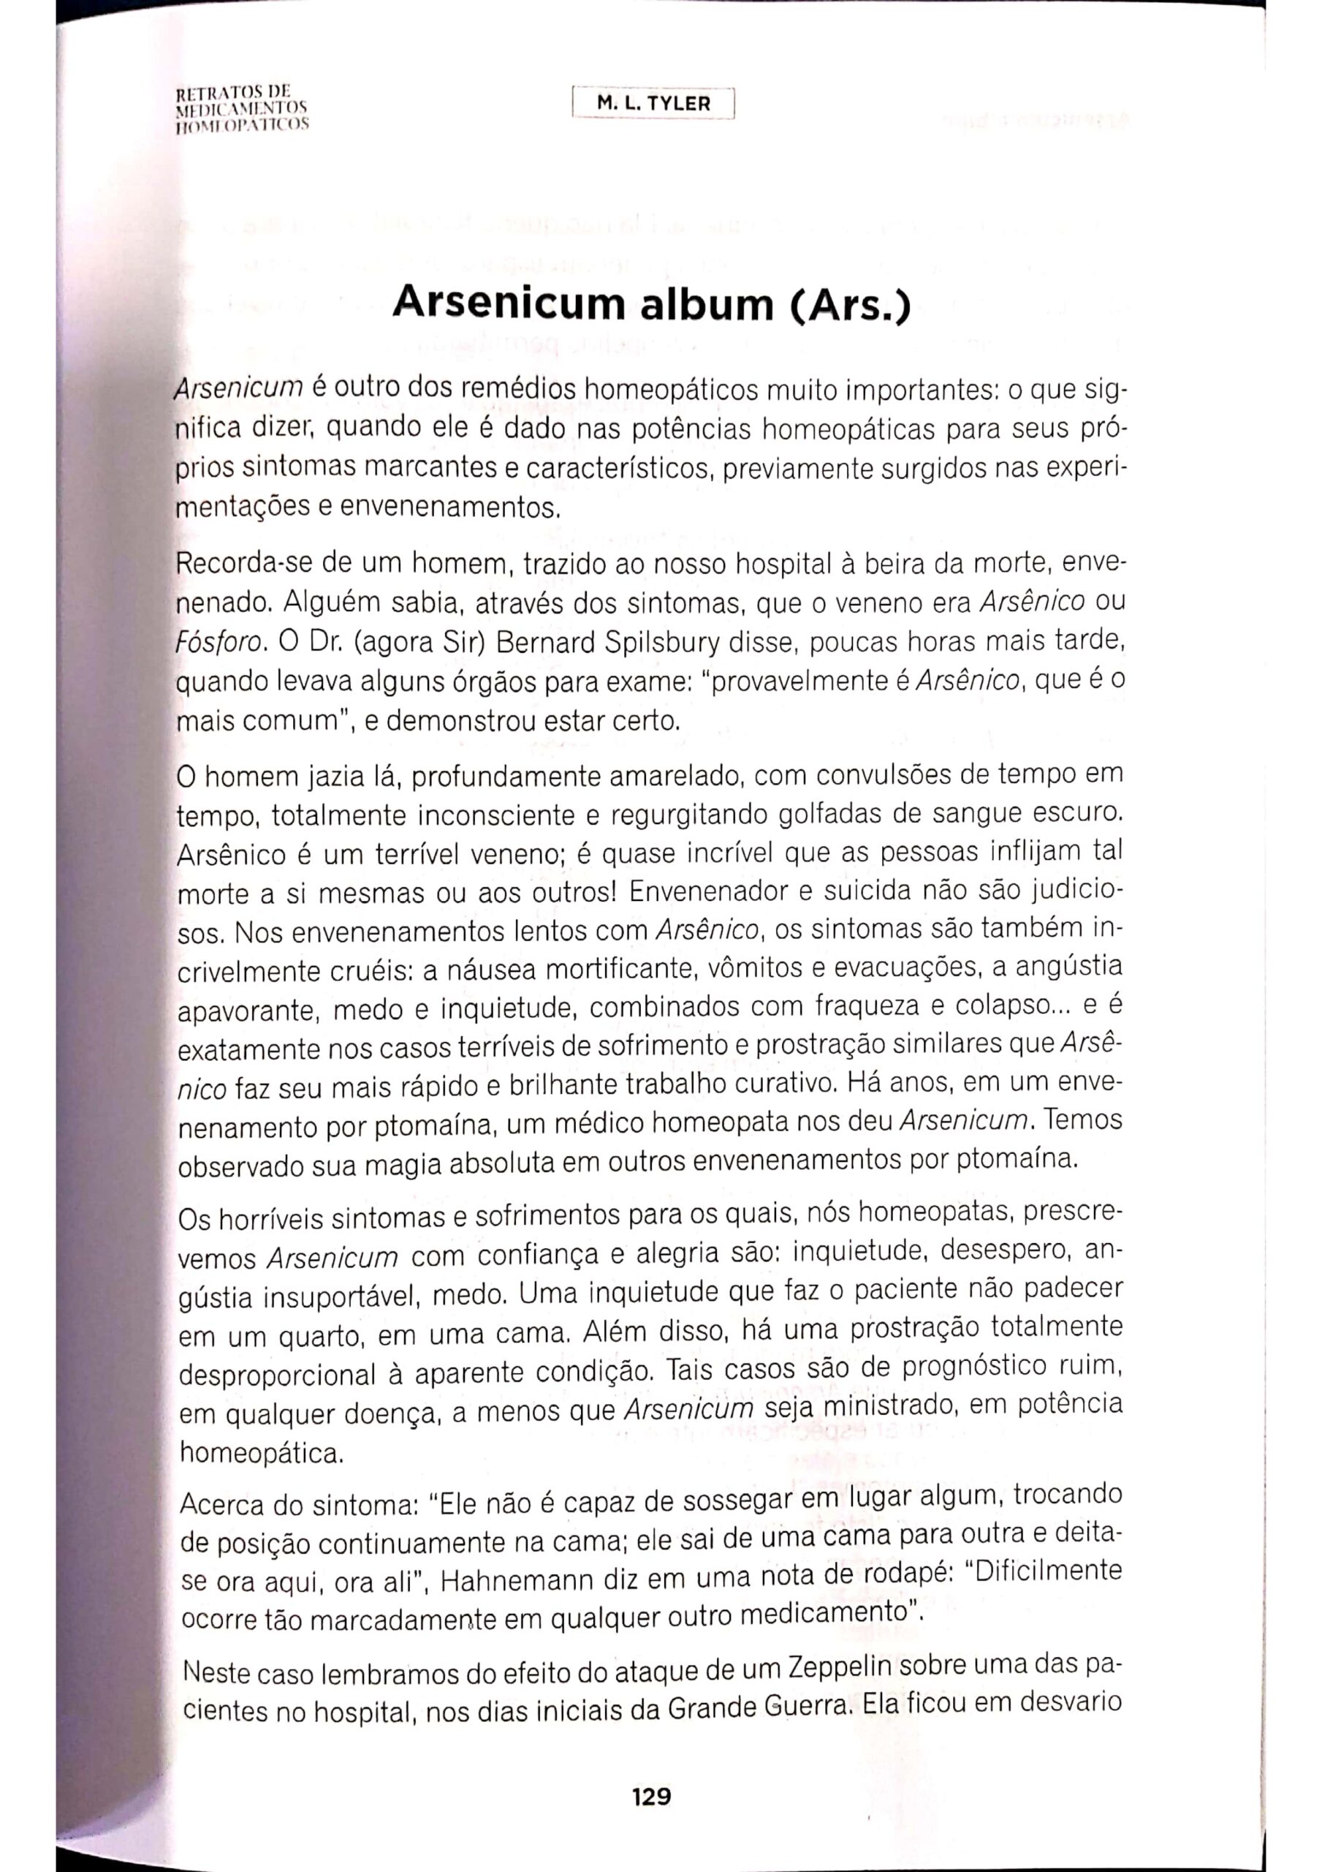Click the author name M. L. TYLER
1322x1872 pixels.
point(653,104)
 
